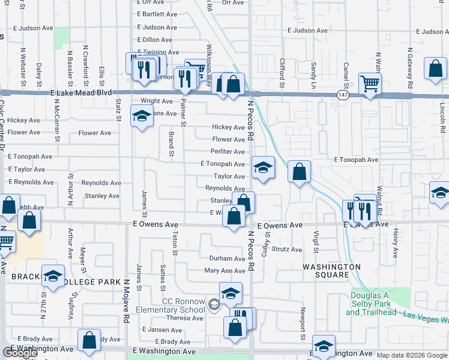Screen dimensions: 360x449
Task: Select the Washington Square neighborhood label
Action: coord(331,271)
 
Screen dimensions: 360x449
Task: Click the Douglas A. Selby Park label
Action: coord(371,304)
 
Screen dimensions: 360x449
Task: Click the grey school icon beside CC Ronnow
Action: coord(214,305)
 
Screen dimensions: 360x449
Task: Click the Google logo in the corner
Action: coord(20,353)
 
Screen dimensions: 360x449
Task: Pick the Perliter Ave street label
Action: coord(228,152)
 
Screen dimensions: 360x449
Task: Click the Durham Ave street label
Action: coord(227,259)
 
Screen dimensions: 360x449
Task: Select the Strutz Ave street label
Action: coord(287,249)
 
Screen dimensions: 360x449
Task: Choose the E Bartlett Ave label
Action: coord(157,14)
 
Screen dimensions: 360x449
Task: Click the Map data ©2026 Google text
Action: coord(412,356)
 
